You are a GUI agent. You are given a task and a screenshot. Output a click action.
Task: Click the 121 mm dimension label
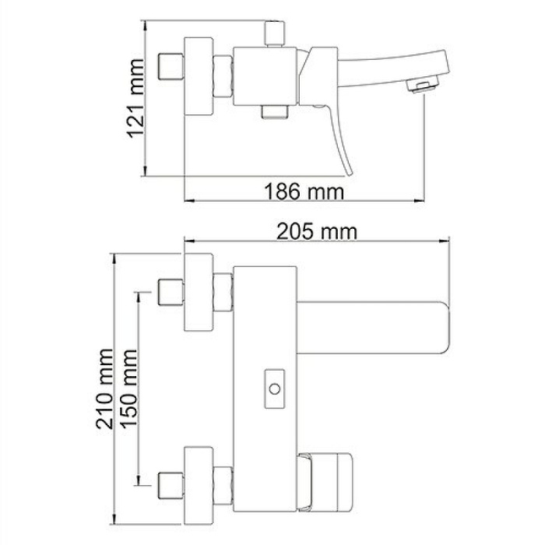[x=136, y=99]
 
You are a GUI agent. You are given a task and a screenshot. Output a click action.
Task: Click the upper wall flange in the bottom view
[x=199, y=293]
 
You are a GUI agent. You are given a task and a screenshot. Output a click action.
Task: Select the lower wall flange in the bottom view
[x=199, y=486]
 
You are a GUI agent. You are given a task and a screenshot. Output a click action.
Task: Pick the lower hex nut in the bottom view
[x=224, y=486]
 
